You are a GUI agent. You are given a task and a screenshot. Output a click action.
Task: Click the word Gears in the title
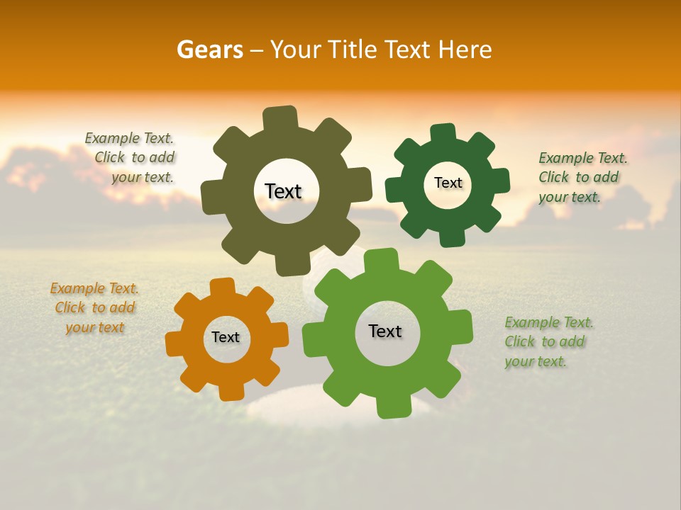pos(210,50)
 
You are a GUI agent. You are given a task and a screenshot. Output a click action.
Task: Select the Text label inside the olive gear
pos(284,191)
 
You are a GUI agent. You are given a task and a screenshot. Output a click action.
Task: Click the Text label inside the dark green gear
pos(448,183)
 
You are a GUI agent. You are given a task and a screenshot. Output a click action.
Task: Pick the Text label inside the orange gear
pos(226,337)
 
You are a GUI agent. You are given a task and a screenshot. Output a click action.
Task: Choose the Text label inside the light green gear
pos(385,331)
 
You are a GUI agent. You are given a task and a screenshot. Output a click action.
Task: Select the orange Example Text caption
pos(94,308)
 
